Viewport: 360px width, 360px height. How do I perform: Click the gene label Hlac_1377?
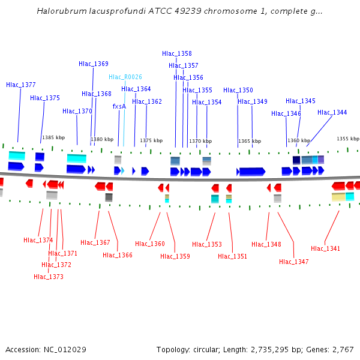[x=21, y=85]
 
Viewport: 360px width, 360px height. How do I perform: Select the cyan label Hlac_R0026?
[x=125, y=77]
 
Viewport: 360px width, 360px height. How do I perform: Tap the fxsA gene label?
[x=119, y=106]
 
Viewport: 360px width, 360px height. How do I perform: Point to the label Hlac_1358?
[x=177, y=53]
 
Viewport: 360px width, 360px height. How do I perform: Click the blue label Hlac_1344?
[x=332, y=112]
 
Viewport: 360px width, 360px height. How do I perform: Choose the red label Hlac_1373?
[x=49, y=277]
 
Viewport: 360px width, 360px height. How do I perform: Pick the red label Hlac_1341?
[x=325, y=248]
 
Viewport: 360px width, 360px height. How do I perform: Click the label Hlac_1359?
[x=175, y=256]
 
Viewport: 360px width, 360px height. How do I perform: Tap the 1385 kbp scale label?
[x=53, y=137]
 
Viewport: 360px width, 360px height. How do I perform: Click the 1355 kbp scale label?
[x=347, y=139]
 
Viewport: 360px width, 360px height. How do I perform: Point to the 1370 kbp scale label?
[x=200, y=141]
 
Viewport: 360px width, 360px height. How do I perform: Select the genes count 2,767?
[x=342, y=349]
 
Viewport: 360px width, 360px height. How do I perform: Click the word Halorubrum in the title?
[x=61, y=11]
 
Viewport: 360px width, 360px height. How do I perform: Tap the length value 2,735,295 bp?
[x=278, y=349]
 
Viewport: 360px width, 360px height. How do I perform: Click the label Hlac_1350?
[x=238, y=90]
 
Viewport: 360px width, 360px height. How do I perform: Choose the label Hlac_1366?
[x=118, y=255]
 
